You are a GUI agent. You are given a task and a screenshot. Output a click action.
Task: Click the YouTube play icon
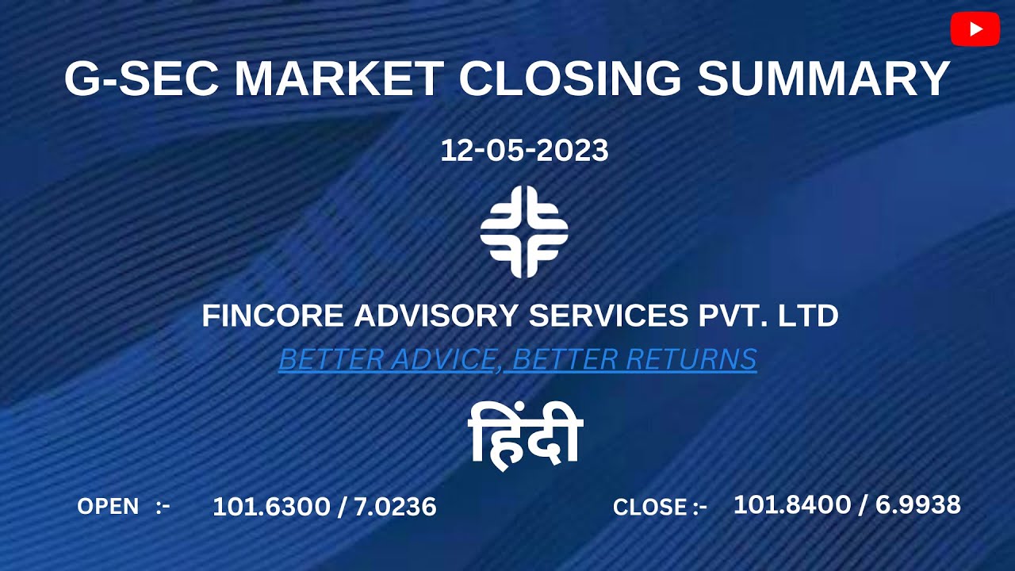click(x=975, y=29)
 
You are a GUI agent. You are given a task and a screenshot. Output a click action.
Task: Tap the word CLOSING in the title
click(x=569, y=79)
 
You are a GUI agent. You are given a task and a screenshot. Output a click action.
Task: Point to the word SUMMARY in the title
click(x=823, y=79)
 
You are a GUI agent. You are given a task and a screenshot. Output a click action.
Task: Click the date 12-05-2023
click(x=524, y=151)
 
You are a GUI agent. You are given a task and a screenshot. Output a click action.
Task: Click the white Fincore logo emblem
click(x=524, y=232)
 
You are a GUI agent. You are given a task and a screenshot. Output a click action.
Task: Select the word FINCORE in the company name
click(x=273, y=316)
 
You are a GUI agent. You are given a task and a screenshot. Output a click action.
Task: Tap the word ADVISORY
click(x=438, y=316)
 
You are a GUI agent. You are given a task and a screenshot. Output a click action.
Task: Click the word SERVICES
click(x=608, y=316)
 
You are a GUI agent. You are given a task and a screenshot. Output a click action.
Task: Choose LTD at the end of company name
click(x=808, y=316)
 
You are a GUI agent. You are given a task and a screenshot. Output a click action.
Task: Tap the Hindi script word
click(x=525, y=434)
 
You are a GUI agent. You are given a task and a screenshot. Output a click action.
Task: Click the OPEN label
click(x=108, y=506)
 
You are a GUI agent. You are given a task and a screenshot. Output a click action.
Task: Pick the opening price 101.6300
click(x=270, y=507)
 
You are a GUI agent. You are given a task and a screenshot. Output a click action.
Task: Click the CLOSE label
click(x=649, y=507)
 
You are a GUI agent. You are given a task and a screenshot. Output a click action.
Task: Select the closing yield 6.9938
click(x=918, y=504)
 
